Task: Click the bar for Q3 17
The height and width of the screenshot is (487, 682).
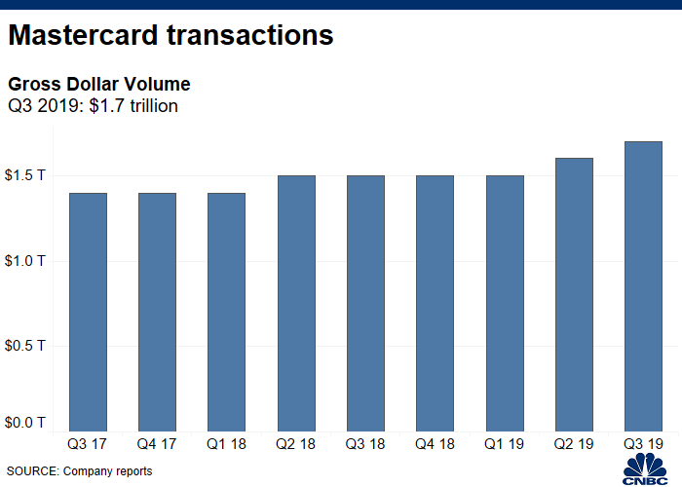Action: click(x=89, y=313)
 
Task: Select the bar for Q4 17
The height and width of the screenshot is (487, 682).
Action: click(x=158, y=313)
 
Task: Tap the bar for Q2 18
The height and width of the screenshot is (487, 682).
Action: click(x=296, y=304)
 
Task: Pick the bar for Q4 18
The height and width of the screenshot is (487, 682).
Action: click(x=435, y=304)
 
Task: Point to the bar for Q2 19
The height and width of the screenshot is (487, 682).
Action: click(x=574, y=295)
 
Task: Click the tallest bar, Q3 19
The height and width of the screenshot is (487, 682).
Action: click(x=643, y=286)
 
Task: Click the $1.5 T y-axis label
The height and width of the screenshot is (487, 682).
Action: click(x=24, y=175)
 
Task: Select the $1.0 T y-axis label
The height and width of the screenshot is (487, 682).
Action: click(x=24, y=261)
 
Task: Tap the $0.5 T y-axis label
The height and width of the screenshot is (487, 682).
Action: click(x=24, y=346)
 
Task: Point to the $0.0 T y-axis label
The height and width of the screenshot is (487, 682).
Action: click(x=24, y=422)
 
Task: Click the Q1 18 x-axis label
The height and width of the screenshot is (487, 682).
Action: click(x=226, y=444)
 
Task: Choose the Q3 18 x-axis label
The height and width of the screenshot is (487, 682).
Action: click(x=365, y=444)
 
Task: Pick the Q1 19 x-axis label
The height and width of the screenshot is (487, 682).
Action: click(x=504, y=444)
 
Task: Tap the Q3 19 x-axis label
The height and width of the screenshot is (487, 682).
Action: click(x=643, y=444)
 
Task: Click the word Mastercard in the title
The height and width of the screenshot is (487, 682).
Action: click(x=83, y=35)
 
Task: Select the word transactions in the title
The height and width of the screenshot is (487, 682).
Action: click(x=250, y=35)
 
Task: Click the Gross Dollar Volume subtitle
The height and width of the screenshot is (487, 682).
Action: click(x=99, y=85)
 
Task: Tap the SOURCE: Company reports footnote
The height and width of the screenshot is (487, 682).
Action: click(x=80, y=471)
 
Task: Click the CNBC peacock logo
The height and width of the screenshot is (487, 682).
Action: click(x=645, y=468)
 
